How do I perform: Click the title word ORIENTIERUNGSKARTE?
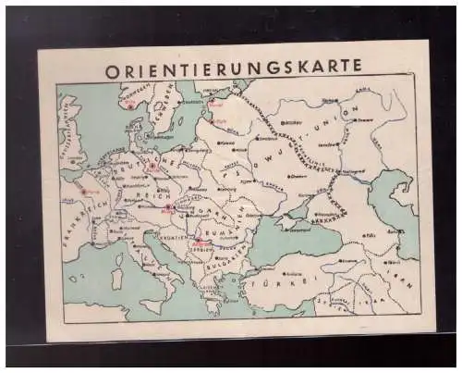point(233,69)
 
